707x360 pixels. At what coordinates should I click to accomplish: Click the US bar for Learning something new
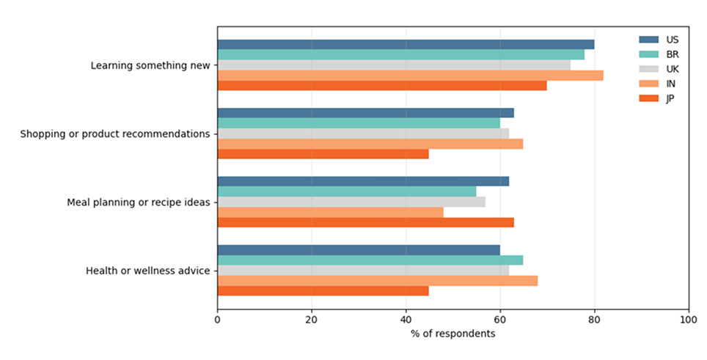tap(406, 44)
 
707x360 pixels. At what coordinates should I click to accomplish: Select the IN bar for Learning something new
tap(410, 75)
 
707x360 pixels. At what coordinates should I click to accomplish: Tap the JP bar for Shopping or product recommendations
tap(323, 154)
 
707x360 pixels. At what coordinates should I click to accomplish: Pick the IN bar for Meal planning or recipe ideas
tap(330, 212)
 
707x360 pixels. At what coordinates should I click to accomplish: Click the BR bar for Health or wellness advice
tap(370, 260)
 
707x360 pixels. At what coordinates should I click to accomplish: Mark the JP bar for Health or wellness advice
tap(323, 291)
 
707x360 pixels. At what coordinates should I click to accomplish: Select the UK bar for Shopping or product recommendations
tap(363, 133)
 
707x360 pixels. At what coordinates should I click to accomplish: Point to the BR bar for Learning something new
tap(400, 54)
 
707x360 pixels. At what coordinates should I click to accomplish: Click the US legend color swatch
tap(649, 40)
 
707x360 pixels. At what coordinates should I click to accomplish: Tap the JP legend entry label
tap(670, 99)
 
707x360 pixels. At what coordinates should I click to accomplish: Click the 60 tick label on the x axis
tap(500, 320)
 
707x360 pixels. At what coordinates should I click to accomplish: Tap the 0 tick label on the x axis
tap(218, 320)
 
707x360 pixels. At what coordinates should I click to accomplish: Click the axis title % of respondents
tap(453, 334)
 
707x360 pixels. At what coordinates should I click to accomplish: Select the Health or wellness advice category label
tap(148, 271)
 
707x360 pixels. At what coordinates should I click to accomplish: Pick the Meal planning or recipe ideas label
tap(139, 202)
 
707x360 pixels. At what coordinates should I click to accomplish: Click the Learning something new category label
tap(150, 65)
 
